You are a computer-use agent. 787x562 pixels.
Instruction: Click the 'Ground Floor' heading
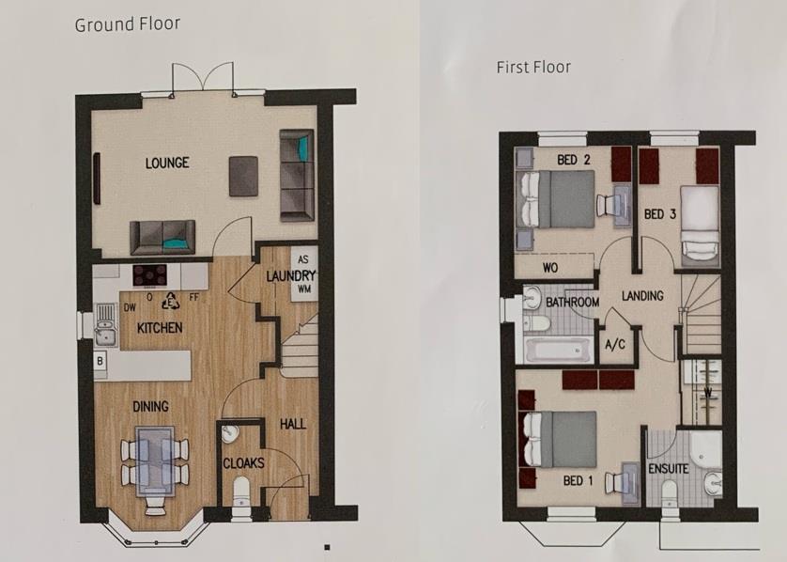click(x=128, y=23)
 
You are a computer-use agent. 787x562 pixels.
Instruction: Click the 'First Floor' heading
click(x=533, y=67)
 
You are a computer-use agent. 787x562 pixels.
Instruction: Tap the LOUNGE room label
click(x=167, y=163)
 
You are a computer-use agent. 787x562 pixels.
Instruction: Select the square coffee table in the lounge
click(x=244, y=175)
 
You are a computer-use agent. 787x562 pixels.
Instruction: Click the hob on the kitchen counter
click(x=149, y=275)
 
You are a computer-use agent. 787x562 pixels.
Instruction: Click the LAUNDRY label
click(x=288, y=276)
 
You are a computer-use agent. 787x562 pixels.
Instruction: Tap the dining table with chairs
click(x=152, y=461)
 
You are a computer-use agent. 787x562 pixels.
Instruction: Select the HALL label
click(x=293, y=425)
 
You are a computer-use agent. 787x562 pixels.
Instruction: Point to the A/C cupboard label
click(x=615, y=344)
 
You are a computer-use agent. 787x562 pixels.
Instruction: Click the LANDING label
click(x=642, y=296)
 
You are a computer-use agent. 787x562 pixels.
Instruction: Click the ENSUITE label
click(x=668, y=468)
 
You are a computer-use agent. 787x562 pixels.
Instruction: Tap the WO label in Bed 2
click(x=551, y=267)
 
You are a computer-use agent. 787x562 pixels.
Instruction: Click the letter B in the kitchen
click(x=100, y=359)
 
